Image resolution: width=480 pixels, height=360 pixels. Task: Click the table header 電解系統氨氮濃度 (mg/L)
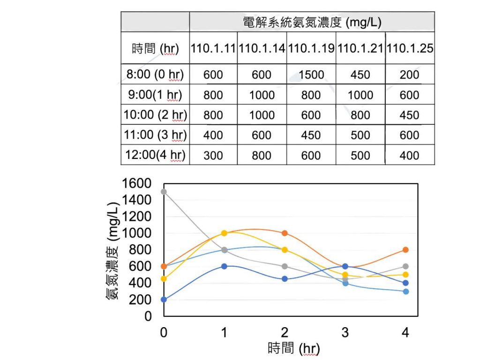[x=312, y=22]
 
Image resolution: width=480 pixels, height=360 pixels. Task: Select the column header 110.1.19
[x=311, y=48]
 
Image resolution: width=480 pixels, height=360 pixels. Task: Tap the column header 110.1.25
[x=410, y=48]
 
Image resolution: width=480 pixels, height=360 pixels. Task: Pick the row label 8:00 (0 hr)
[x=155, y=75]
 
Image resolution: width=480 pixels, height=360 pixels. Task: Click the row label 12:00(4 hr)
[x=155, y=155]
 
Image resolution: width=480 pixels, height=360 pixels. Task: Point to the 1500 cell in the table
[x=311, y=75]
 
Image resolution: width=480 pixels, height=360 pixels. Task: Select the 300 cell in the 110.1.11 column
[x=213, y=155]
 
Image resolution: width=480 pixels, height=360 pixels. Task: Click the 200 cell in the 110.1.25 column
[x=410, y=75]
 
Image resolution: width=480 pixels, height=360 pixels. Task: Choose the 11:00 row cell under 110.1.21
[x=360, y=135]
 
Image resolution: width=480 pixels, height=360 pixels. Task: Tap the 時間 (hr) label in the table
[x=155, y=48]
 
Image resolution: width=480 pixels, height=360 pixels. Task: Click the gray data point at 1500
[x=164, y=191]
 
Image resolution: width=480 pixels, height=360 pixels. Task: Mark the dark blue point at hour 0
[x=164, y=300]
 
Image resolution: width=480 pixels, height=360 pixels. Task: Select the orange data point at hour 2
[x=285, y=233]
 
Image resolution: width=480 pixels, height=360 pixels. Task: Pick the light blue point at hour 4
[x=405, y=292]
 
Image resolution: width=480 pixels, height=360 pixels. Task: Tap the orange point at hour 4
[x=405, y=250]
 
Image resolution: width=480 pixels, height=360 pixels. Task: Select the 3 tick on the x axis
[x=345, y=333]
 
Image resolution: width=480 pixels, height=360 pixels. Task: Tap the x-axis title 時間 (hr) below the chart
[x=294, y=349]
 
